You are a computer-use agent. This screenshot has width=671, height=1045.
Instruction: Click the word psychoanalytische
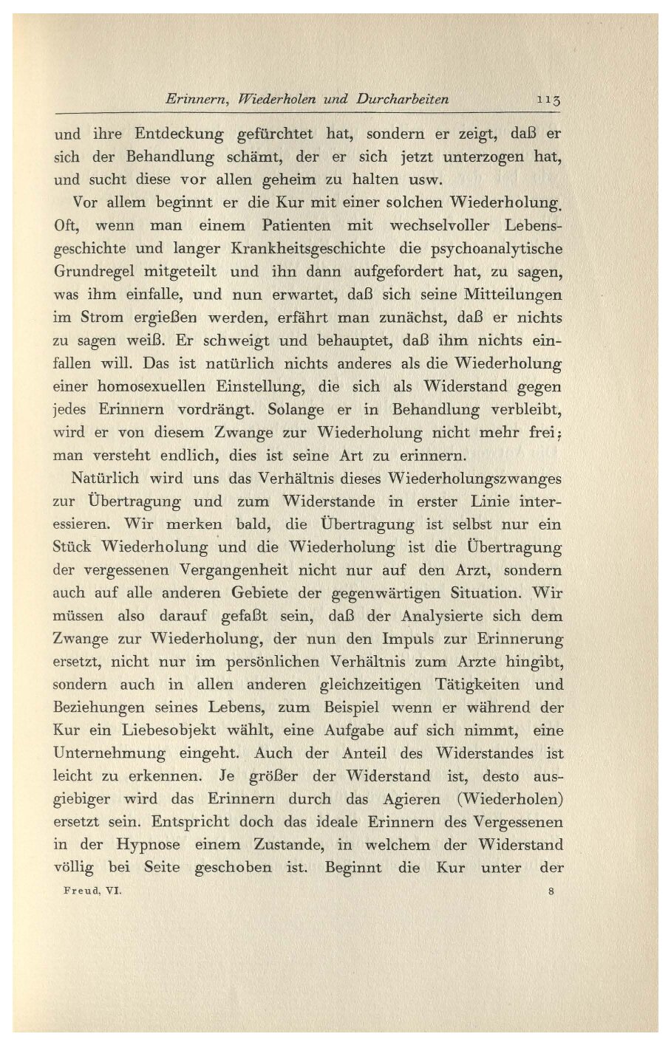pyautogui.click(x=491, y=248)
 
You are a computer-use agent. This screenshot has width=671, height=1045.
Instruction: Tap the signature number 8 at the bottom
pyautogui.click(x=552, y=891)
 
